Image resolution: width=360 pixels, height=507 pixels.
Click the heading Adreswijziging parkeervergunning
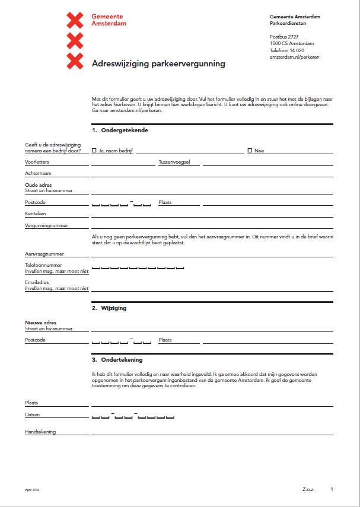tap(158, 63)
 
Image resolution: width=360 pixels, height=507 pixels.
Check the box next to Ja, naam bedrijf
tap(94, 151)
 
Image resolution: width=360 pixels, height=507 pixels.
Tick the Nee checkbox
tap(250, 151)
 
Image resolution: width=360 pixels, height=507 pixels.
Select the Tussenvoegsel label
tap(174, 162)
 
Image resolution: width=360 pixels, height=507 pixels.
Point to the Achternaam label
tap(37, 173)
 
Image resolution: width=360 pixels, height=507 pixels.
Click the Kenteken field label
tap(36, 213)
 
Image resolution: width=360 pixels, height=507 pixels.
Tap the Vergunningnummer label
tap(46, 225)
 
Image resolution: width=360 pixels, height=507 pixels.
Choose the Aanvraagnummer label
tap(44, 254)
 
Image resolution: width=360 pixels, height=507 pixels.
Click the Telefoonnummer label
tap(43, 265)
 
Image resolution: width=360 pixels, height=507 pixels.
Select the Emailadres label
tap(37, 282)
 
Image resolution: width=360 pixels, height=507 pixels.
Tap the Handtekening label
tap(40, 432)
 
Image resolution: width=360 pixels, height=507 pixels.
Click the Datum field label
tap(33, 414)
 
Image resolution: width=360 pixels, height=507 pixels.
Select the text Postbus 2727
tap(284, 37)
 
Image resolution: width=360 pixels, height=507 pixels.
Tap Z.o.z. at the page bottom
tap(308, 490)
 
